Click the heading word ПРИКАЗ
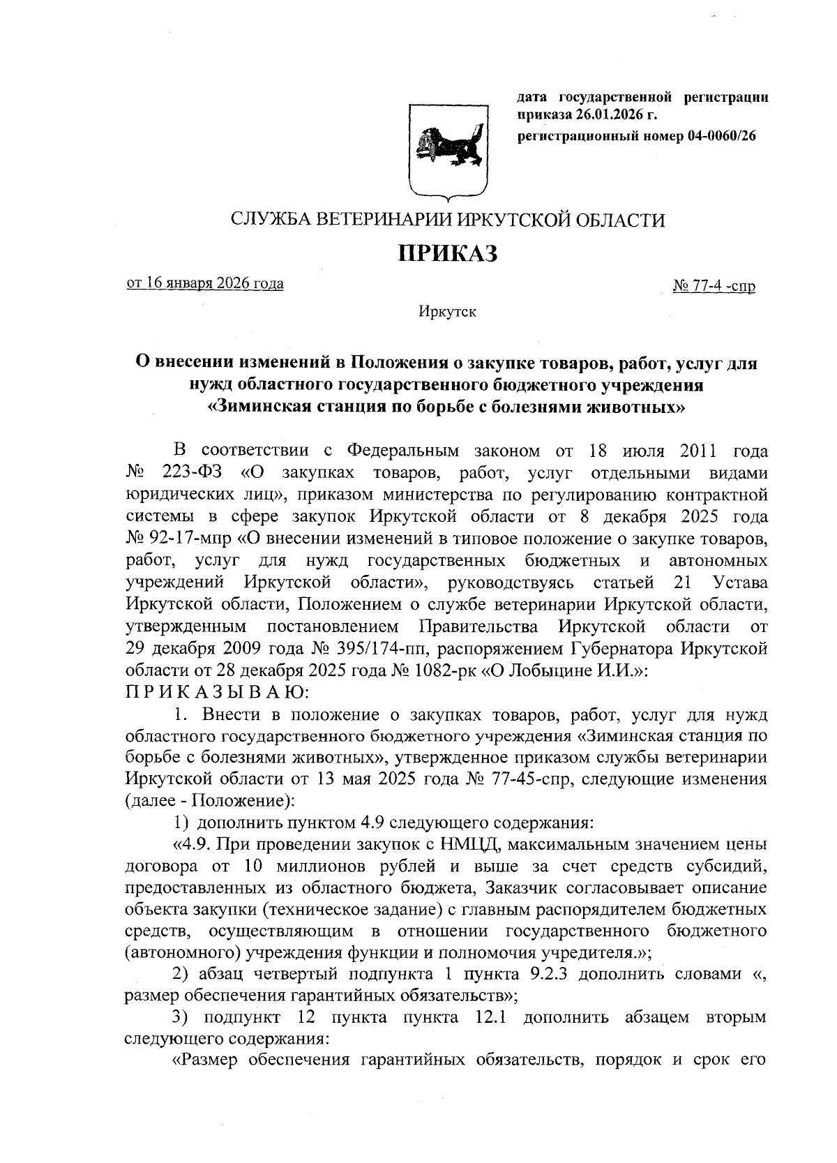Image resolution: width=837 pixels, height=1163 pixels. (x=447, y=253)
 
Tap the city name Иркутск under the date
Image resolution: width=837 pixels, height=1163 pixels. (x=447, y=312)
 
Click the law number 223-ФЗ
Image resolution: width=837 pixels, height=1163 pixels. (x=192, y=473)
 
